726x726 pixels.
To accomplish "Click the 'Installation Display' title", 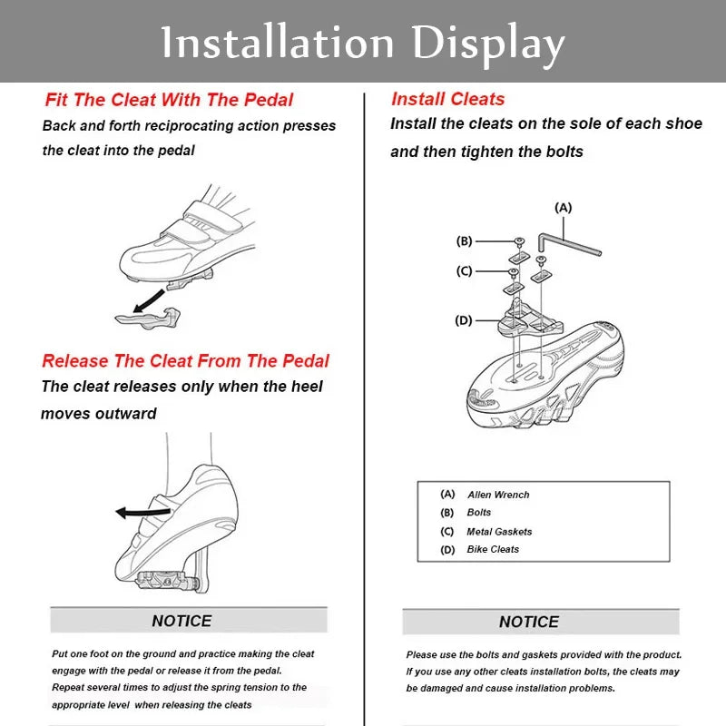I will tap(363, 43).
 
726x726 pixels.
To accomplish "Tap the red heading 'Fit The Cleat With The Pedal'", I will tap(169, 100).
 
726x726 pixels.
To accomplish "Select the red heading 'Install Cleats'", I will tap(447, 99).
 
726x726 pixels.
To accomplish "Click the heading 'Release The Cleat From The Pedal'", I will tap(185, 360).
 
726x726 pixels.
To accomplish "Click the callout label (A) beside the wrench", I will tap(564, 208).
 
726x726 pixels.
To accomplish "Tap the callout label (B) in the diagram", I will tap(464, 241).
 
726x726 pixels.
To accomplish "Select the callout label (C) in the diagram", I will tap(464, 270).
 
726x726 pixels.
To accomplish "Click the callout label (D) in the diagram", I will tap(464, 320).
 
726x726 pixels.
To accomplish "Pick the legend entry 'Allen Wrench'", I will tap(498, 495).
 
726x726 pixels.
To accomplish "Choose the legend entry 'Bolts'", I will tap(478, 513).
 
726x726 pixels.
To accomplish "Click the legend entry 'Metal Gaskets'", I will tap(499, 532).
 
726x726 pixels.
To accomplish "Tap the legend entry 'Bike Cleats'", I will tap(493, 550).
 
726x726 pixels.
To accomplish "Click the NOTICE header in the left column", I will tap(181, 621).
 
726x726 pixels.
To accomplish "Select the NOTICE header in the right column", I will tap(529, 622).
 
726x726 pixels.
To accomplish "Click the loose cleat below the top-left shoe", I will tap(144, 317).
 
